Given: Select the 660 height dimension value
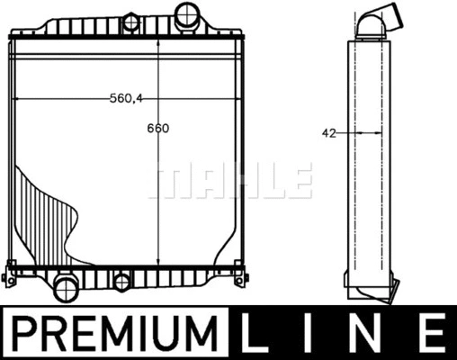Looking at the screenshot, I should click(x=158, y=128).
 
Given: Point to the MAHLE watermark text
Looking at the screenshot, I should click(x=230, y=181).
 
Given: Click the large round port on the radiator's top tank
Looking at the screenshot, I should click(x=187, y=14).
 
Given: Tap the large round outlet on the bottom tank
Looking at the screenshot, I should click(x=66, y=288).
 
